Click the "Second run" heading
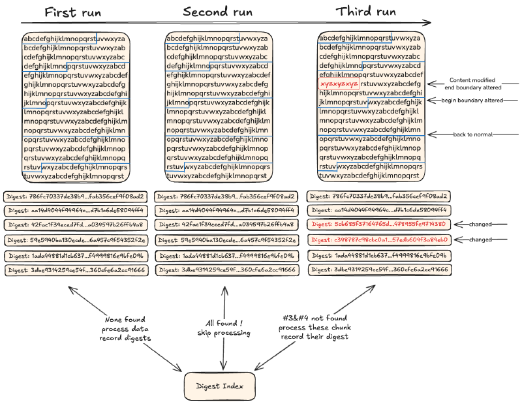coord(219,12)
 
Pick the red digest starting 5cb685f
coord(378,225)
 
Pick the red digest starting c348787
coord(378,240)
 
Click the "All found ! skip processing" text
coord(224,329)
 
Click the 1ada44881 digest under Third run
coord(378,255)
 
